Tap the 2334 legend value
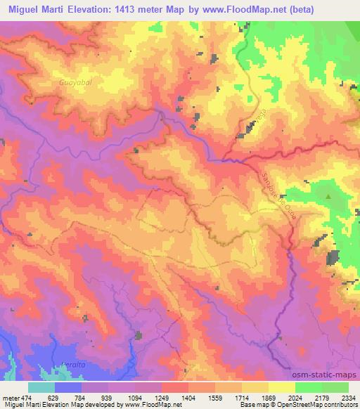point(347,398)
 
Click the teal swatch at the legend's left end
point(41,387)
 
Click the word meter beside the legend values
point(9,398)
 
